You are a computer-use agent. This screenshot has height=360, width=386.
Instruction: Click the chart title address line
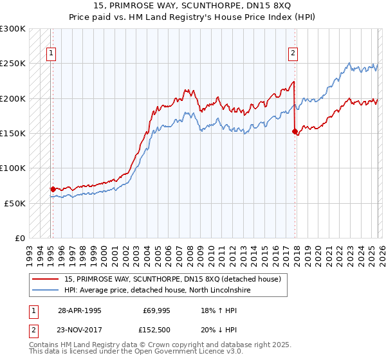coord(192,6)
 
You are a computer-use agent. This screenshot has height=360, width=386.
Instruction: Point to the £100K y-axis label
coord(13,168)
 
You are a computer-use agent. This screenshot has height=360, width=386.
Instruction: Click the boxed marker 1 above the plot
coord(51,54)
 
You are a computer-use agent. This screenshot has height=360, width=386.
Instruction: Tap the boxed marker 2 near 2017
coord(293,54)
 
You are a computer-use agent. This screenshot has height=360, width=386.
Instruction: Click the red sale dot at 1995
coord(53,189)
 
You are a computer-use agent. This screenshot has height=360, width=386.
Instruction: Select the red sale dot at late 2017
coord(295,131)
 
